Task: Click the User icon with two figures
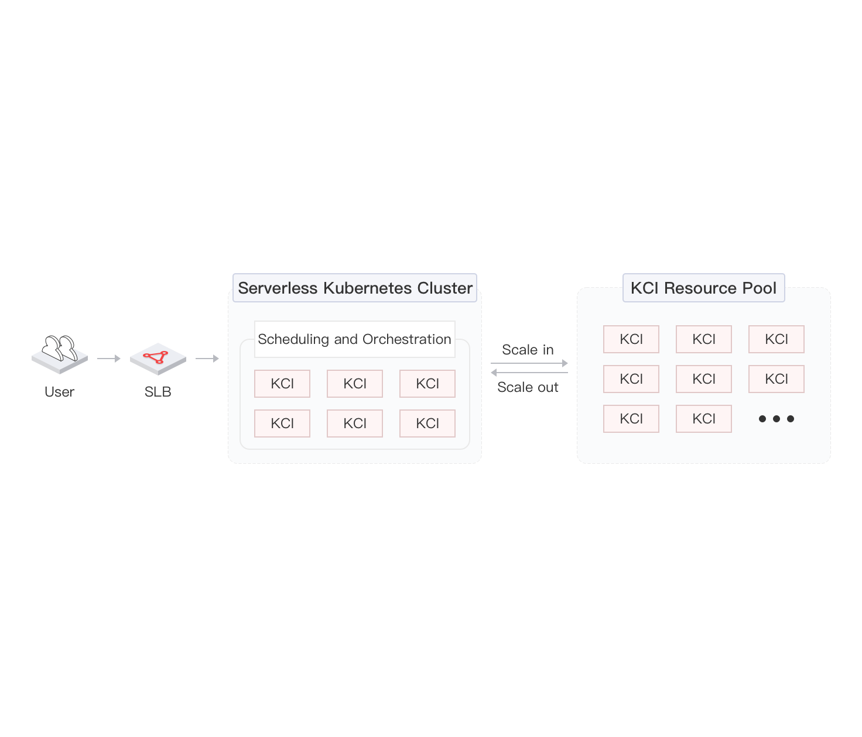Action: coord(60,354)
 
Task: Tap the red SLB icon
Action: coord(158,358)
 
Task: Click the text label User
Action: coord(59,392)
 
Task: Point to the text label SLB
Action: coord(158,392)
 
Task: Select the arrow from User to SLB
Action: coord(109,359)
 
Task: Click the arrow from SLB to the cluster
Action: coord(207,359)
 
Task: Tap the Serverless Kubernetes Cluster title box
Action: coord(354,288)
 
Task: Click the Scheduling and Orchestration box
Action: coord(354,339)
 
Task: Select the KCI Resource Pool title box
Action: coord(703,288)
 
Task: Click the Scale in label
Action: coord(528,350)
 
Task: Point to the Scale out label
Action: coord(528,387)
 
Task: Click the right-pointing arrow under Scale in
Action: coord(529,363)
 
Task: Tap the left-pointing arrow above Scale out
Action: coord(529,373)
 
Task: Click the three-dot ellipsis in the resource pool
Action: coord(776,419)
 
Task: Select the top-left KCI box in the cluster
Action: coord(282,383)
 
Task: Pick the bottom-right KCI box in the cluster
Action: coord(427,423)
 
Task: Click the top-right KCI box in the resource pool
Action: coord(776,339)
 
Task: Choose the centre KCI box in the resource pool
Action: coord(703,378)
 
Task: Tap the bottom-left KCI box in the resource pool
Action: coord(631,419)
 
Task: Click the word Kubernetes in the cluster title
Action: coord(368,288)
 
